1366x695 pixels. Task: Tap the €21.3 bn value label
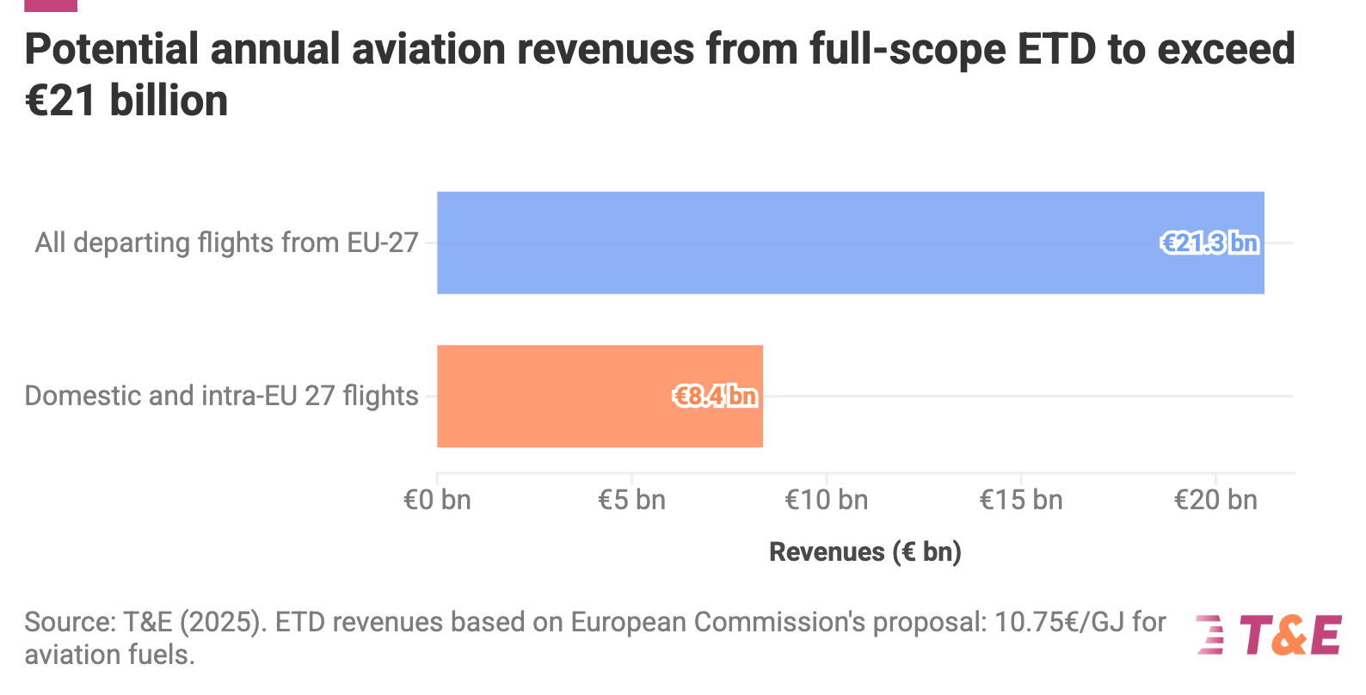[x=1209, y=243]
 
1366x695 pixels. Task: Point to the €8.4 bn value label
[x=715, y=397]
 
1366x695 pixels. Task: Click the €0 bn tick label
[x=437, y=500]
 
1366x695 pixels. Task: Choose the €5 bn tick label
[x=631, y=500]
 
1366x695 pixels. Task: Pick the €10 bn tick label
[x=827, y=500]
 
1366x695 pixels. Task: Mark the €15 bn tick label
[x=1021, y=500]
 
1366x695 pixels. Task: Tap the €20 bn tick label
[x=1215, y=500]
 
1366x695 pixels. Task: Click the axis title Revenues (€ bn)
[x=865, y=551]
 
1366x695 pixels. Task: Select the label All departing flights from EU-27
[x=226, y=243]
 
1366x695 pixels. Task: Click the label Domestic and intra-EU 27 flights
[x=221, y=396]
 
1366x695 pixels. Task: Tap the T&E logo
[x=1268, y=636]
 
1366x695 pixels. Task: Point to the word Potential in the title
[x=112, y=49]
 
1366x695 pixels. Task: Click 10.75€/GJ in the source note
[x=1058, y=622]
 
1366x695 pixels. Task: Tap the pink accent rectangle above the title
[x=51, y=5]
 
